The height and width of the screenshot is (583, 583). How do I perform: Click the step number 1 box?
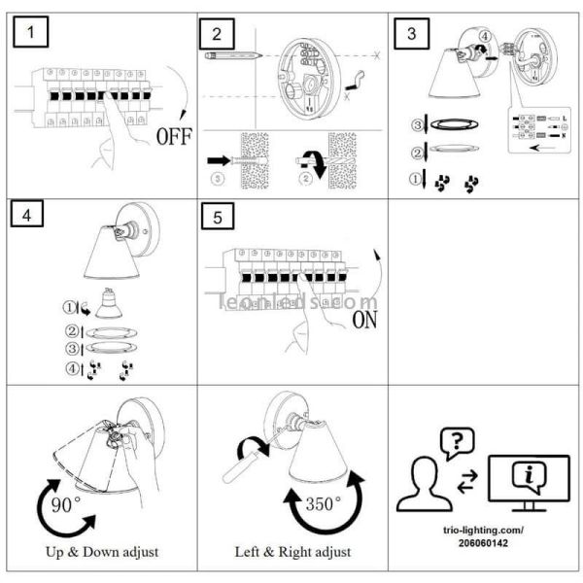(36, 35)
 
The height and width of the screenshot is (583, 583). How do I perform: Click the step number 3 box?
(412, 35)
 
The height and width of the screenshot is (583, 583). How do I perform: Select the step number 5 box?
(217, 216)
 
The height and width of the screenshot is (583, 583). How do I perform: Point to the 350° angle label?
(323, 504)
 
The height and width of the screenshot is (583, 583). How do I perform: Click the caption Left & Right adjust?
(292, 553)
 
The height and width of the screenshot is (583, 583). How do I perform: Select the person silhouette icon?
(425, 486)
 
